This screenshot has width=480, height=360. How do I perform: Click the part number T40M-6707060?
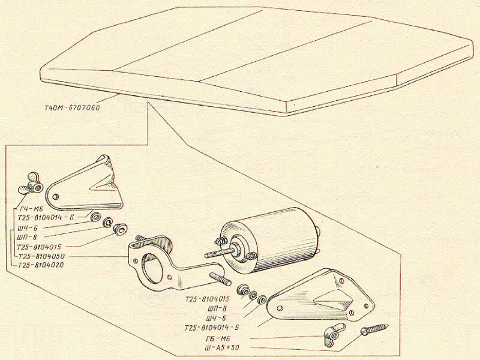click(x=72, y=108)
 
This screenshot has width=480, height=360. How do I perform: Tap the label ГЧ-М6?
click(x=31, y=209)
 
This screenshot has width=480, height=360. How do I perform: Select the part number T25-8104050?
click(x=41, y=256)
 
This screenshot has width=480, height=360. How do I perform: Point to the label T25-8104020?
click(x=40, y=265)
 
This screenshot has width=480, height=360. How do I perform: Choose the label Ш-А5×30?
click(x=223, y=348)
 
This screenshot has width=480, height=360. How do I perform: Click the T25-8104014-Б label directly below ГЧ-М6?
click(x=46, y=218)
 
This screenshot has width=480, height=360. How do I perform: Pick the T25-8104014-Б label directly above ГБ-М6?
click(x=211, y=328)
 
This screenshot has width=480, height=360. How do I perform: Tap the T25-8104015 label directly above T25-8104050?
click(x=39, y=247)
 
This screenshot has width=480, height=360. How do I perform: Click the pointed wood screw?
click(x=374, y=329)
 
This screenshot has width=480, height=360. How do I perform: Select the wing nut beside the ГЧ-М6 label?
click(x=31, y=184)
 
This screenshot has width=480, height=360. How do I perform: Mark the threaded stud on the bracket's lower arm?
click(x=220, y=278)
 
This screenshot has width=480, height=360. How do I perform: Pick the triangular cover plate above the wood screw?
click(x=320, y=296)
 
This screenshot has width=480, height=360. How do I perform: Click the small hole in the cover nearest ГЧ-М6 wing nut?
click(x=55, y=196)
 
